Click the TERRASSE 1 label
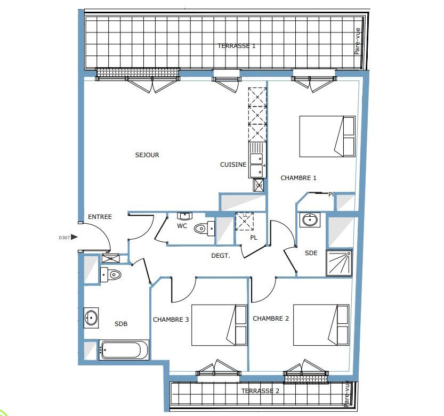[237, 46]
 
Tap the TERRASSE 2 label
[260, 391]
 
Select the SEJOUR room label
[147, 155]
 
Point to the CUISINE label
[233, 165]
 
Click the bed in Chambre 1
[327, 136]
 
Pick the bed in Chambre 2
[321, 325]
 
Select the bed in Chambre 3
[220, 325]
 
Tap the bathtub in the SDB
[124, 350]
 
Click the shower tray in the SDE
[339, 263]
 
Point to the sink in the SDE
[310, 219]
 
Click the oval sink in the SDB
[91, 318]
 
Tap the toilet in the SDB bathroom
[111, 274]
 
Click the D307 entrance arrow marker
[74, 237]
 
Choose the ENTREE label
[100, 217]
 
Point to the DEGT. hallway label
[221, 256]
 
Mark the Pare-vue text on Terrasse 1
[357, 41]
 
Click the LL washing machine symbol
[245, 222]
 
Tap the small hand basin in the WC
[184, 216]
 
